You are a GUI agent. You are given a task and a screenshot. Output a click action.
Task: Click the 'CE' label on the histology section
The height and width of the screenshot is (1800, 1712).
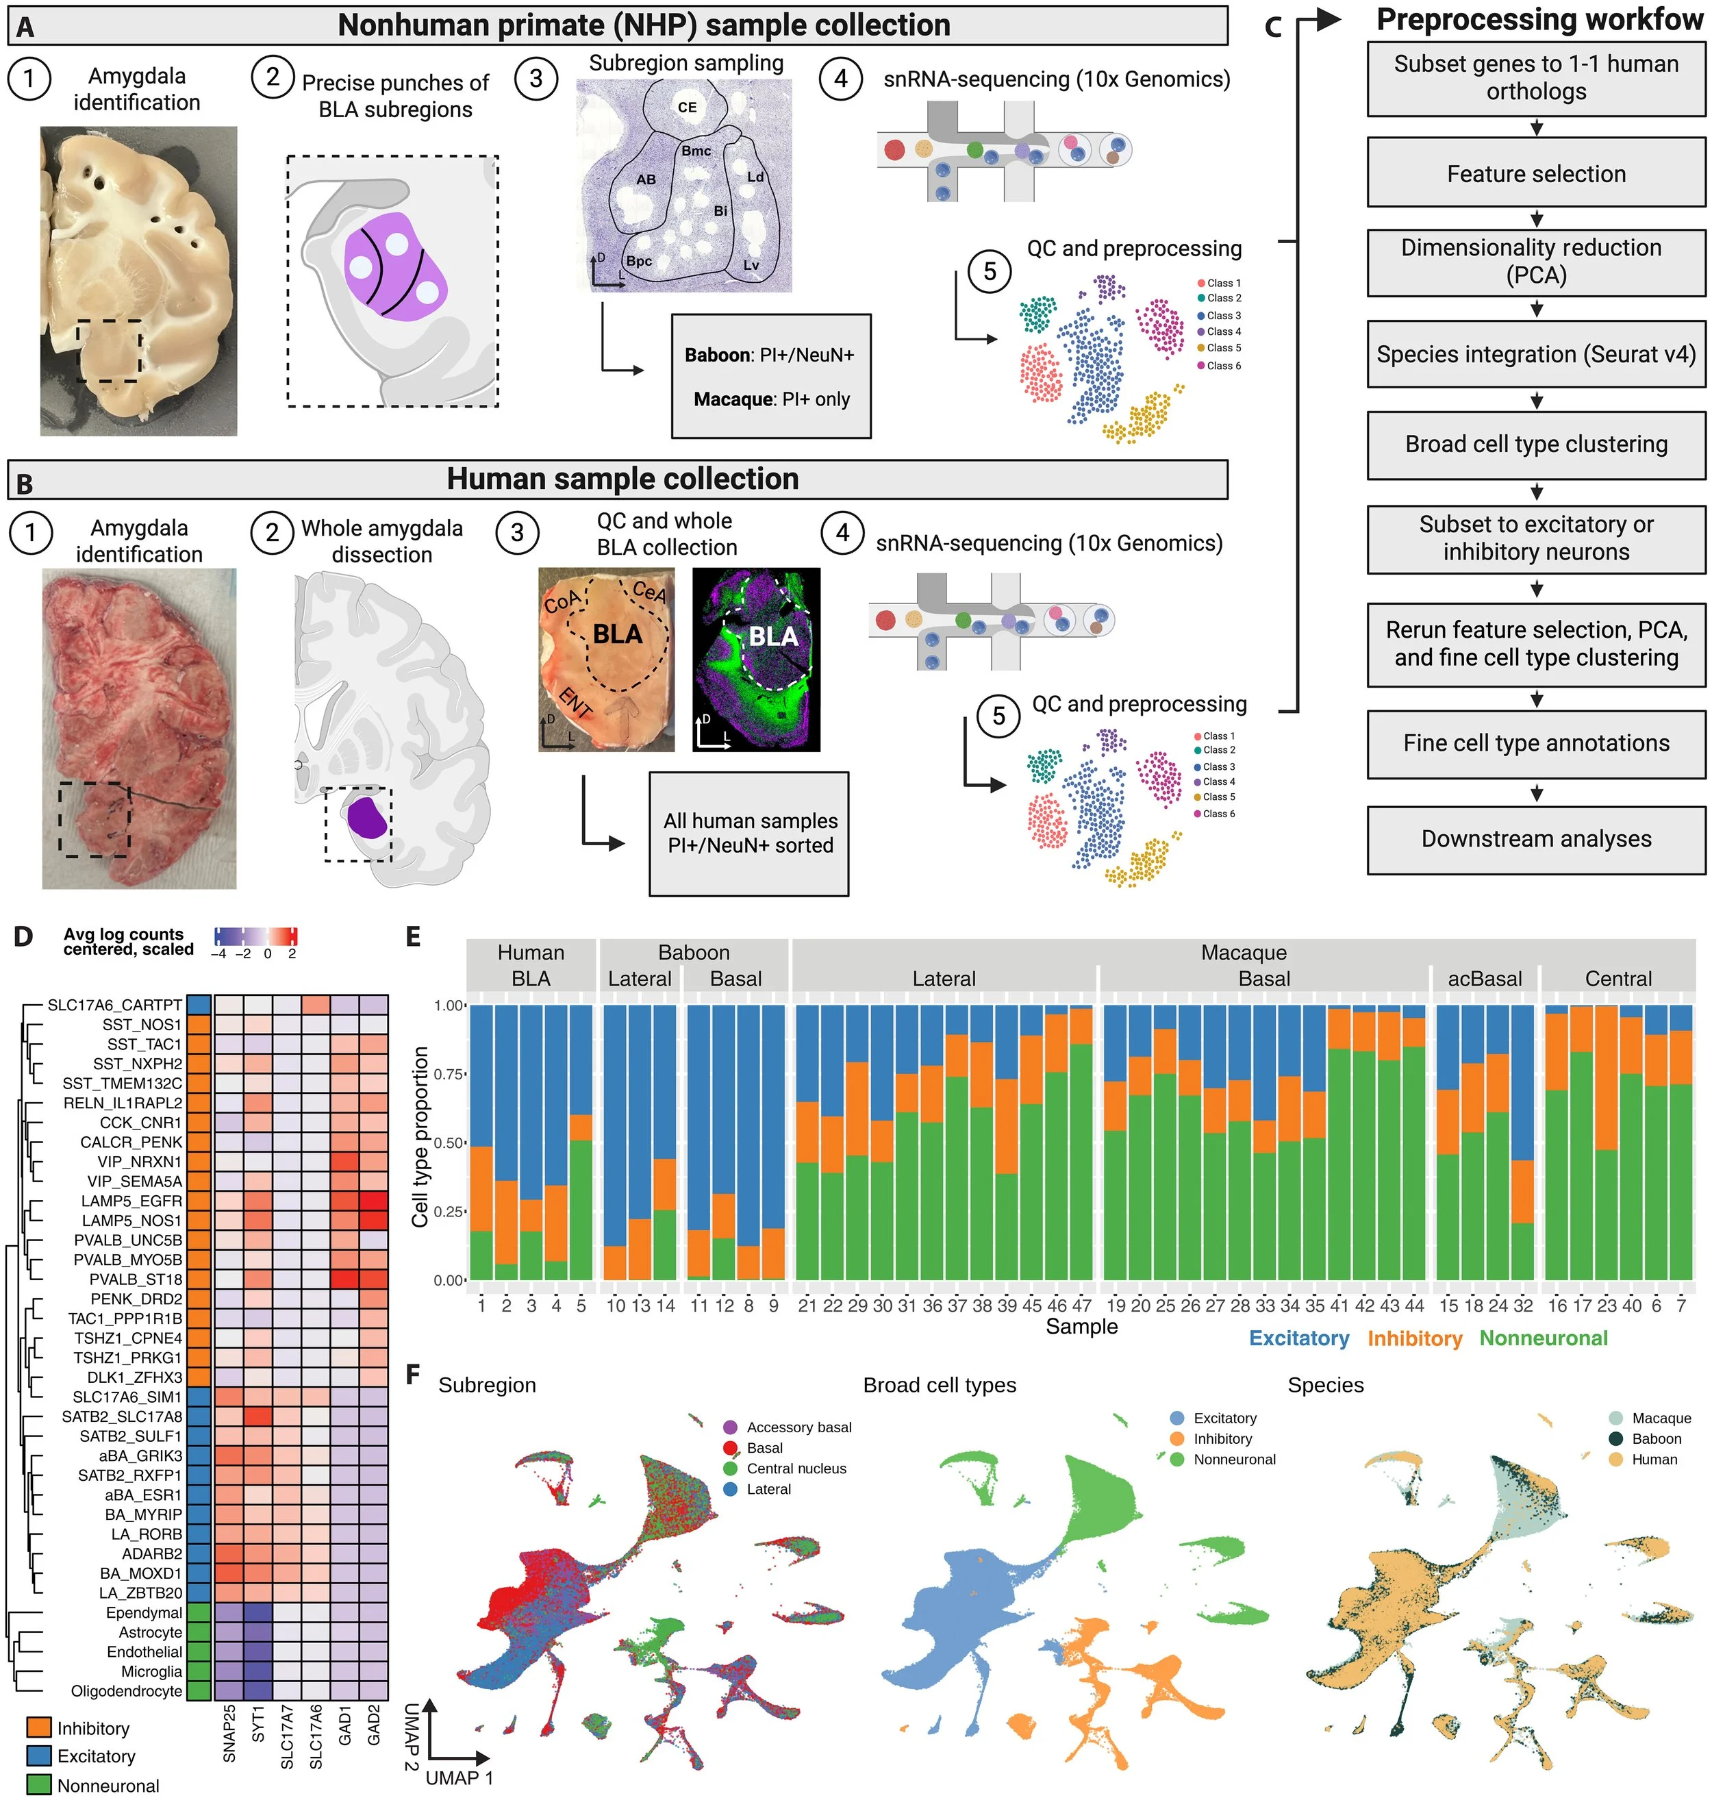[687, 108]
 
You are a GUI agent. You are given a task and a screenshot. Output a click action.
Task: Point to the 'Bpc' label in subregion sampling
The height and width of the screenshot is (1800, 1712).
[639, 261]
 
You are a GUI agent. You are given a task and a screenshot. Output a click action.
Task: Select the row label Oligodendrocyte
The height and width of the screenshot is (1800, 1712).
[126, 1691]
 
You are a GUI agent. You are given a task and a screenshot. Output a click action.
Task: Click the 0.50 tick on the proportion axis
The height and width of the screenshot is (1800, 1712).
[449, 1142]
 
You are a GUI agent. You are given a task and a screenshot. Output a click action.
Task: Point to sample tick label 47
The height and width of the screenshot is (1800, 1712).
[1081, 1306]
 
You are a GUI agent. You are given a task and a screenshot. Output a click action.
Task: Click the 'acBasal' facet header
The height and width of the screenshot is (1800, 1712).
[1484, 979]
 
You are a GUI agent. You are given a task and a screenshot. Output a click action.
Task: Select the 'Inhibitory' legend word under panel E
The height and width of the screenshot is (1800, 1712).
[1413, 1338]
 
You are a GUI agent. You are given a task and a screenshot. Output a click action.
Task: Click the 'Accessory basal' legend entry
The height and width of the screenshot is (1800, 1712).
[798, 1427]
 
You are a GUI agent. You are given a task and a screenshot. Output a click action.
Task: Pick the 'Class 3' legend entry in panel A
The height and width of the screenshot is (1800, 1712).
[1223, 315]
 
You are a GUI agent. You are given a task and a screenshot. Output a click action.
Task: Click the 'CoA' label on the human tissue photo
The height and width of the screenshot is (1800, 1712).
[562, 601]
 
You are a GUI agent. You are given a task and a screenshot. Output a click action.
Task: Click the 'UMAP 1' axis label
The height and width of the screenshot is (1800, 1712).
[459, 1777]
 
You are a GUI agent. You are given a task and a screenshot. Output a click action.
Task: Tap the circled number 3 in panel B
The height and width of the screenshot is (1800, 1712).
[518, 532]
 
